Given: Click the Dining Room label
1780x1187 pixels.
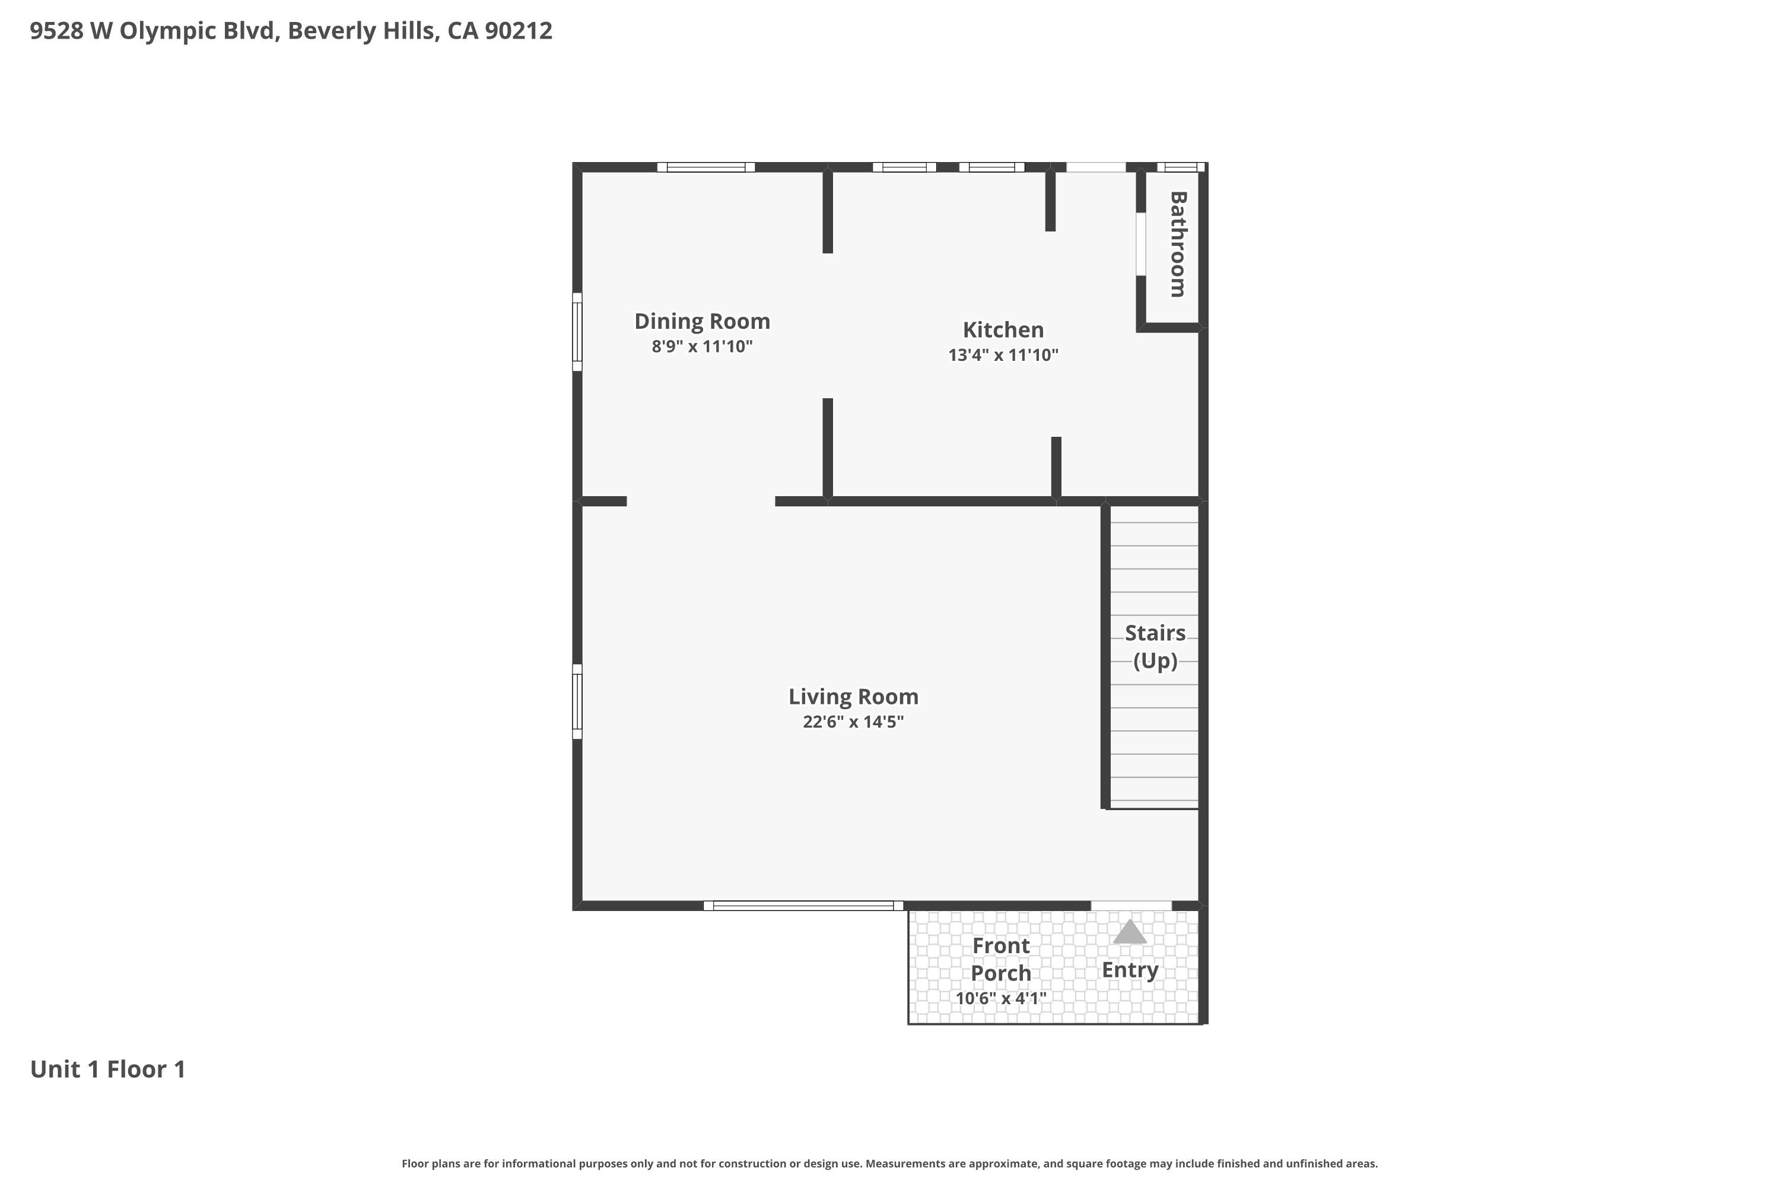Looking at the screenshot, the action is click(701, 321).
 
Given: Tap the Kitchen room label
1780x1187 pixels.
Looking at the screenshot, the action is click(1003, 329).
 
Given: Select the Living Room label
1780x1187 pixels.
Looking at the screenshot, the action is click(853, 696).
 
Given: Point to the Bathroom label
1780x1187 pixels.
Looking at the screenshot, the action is click(1178, 244).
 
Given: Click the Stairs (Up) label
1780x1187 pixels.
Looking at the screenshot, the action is click(1155, 646).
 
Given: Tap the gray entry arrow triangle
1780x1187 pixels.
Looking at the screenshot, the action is click(1129, 932).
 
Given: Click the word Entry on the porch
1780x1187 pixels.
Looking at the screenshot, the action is click(1130, 970).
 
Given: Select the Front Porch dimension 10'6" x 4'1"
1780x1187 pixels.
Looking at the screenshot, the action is click(1000, 998).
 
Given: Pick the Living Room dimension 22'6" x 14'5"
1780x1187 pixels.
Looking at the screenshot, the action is click(853, 722).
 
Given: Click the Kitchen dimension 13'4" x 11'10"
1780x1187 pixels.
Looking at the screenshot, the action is click(1003, 355).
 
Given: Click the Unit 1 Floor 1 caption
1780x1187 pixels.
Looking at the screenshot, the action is click(107, 1069).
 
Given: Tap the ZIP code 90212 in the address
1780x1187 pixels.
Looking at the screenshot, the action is click(519, 31).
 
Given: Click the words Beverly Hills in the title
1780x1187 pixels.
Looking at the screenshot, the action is click(363, 31).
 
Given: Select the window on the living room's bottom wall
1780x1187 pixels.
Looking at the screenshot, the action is click(803, 906).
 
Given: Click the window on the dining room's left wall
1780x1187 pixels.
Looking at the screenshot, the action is click(577, 332).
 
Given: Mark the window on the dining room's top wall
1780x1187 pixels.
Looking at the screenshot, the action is click(705, 167).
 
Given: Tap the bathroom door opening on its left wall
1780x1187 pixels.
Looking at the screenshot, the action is click(1140, 244).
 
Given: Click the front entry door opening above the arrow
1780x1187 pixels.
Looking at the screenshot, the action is click(1131, 906).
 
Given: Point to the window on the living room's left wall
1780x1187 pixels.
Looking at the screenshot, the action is click(577, 701).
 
